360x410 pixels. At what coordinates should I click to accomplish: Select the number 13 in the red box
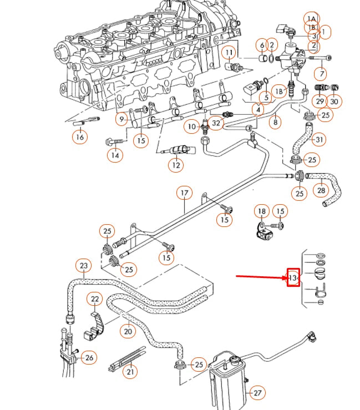(x=293, y=277)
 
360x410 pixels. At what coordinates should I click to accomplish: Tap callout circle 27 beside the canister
(x=257, y=393)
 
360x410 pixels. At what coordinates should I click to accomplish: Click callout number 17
(x=184, y=194)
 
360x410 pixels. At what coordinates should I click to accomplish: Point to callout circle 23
(x=84, y=266)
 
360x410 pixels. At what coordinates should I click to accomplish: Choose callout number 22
(x=95, y=300)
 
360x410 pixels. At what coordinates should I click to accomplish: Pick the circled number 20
(x=129, y=331)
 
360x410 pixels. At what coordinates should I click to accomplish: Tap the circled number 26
(x=89, y=358)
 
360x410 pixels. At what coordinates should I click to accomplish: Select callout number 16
(x=80, y=136)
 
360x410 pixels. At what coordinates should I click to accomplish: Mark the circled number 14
(x=115, y=156)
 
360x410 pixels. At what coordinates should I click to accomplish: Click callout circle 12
(x=176, y=164)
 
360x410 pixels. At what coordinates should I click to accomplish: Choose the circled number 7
(x=320, y=73)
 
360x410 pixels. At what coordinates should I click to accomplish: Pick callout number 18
(x=261, y=211)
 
